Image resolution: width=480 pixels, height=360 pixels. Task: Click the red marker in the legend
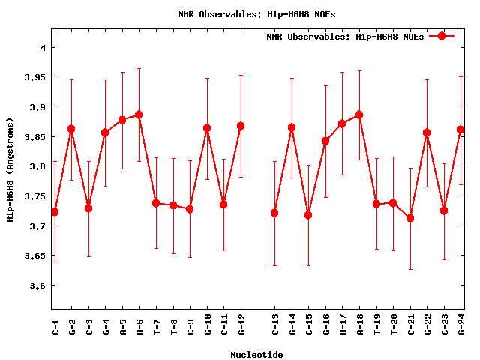click(x=442, y=36)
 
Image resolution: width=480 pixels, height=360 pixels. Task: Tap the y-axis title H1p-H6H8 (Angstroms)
click(x=10, y=169)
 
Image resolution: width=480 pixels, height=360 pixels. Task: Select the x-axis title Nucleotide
click(x=256, y=355)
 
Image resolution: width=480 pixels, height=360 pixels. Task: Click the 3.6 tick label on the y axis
click(x=36, y=286)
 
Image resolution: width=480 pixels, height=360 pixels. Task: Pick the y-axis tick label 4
click(x=43, y=48)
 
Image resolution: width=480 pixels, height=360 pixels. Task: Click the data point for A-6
click(x=139, y=115)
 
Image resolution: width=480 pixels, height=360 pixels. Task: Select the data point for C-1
click(x=55, y=212)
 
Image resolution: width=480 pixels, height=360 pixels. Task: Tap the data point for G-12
click(x=241, y=126)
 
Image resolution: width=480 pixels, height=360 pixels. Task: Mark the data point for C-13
click(x=274, y=213)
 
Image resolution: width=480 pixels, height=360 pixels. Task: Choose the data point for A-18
click(x=359, y=115)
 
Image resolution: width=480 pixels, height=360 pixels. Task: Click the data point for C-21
click(x=410, y=218)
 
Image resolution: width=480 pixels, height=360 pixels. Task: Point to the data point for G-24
click(x=460, y=130)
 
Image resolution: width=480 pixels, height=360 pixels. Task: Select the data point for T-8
click(x=173, y=205)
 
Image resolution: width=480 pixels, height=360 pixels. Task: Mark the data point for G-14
click(x=292, y=127)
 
